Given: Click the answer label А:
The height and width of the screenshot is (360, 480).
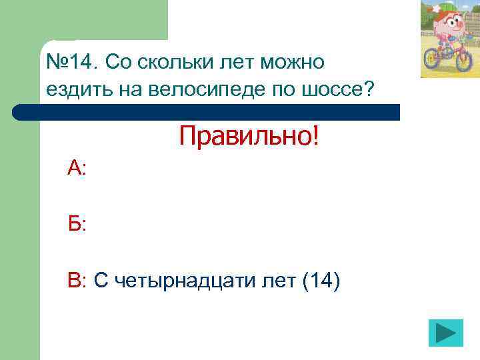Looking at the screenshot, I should click(77, 168).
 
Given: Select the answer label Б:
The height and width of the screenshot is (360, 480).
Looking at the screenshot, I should click(76, 225).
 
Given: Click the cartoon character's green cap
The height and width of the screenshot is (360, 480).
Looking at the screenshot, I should click(447, 6).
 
